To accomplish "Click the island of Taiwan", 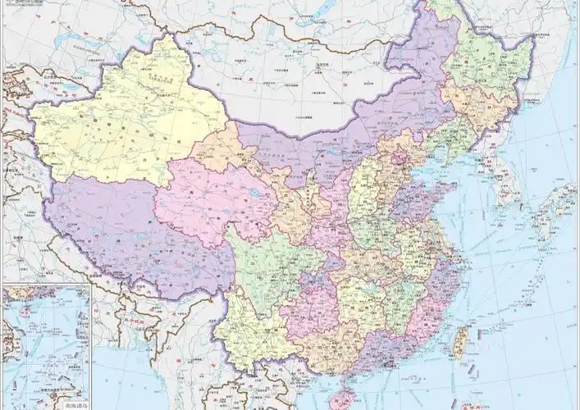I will (462, 343).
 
